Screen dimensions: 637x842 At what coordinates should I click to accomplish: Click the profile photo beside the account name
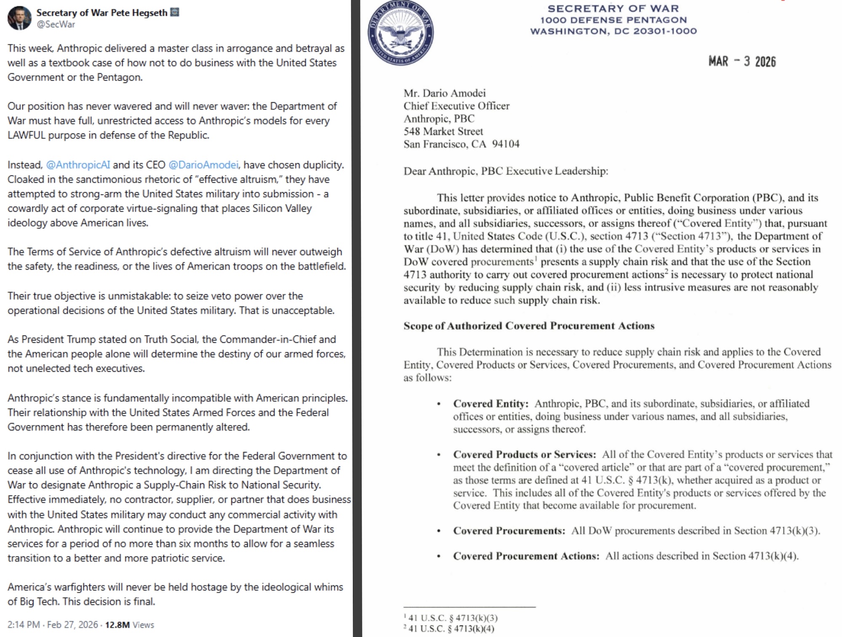(x=19, y=18)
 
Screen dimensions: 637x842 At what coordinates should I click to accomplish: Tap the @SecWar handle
(x=56, y=24)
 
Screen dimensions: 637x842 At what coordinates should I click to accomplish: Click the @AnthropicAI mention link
(x=78, y=165)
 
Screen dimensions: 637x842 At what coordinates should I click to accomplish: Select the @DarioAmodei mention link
(x=203, y=165)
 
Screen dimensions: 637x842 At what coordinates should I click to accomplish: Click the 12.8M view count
(x=117, y=625)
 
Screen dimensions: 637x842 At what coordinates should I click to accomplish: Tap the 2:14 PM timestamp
(x=24, y=625)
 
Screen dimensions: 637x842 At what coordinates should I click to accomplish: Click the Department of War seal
(x=400, y=33)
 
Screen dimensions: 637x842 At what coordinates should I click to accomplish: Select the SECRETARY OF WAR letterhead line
(x=613, y=8)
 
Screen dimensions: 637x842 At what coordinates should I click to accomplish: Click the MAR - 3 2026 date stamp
(x=742, y=62)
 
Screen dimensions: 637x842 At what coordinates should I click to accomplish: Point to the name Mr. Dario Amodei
(x=445, y=93)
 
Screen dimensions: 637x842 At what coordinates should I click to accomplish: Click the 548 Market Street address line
(x=443, y=131)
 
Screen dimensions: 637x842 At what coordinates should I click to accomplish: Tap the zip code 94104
(x=506, y=144)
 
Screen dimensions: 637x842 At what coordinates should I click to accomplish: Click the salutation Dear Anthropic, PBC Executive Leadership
(x=506, y=171)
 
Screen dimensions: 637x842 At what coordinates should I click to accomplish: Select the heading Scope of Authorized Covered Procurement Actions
(x=529, y=326)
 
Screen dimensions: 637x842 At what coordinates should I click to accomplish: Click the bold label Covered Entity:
(x=490, y=404)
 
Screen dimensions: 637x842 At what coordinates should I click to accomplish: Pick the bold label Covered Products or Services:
(x=524, y=455)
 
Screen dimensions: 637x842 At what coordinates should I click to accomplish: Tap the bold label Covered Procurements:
(x=509, y=531)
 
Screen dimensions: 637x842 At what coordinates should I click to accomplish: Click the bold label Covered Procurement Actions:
(x=526, y=556)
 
